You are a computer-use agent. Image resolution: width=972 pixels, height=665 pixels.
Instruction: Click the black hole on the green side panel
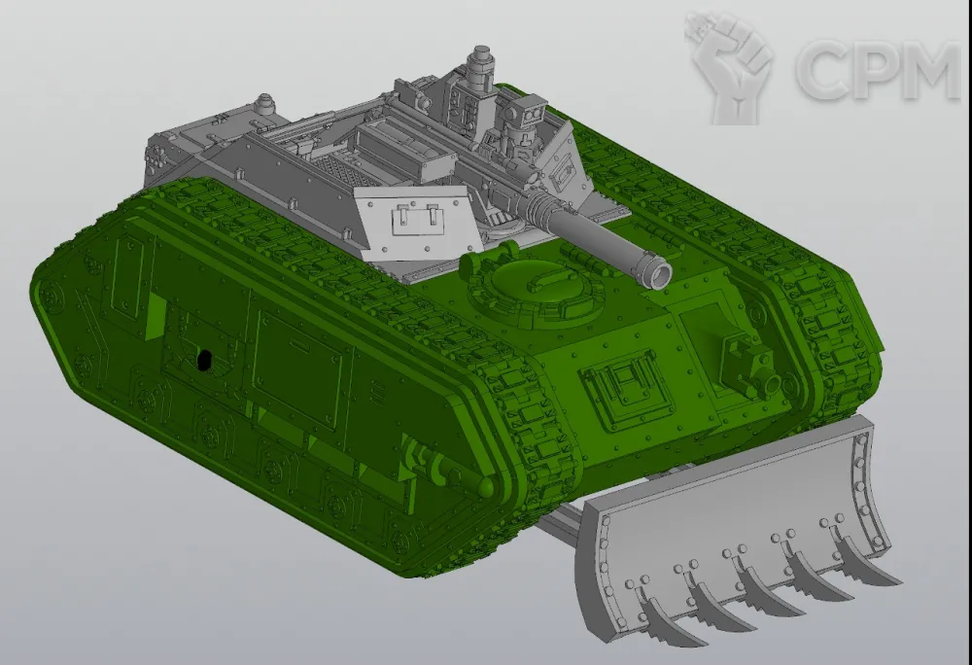click(203, 360)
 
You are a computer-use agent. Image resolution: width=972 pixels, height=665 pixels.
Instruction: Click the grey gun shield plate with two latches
click(414, 222)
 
